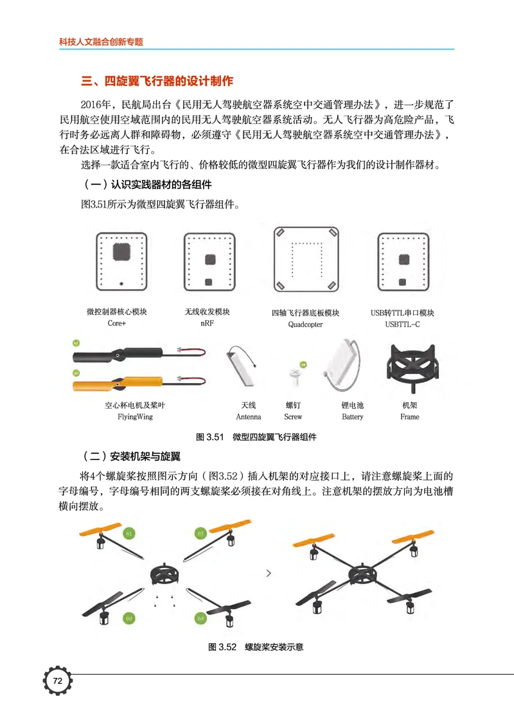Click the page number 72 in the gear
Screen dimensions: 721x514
click(57, 681)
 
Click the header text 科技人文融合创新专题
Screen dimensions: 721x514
click(101, 42)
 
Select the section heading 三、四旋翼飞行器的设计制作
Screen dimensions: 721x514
click(157, 82)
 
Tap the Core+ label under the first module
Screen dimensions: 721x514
click(117, 325)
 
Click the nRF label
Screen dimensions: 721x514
click(207, 325)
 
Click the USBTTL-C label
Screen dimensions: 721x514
click(402, 325)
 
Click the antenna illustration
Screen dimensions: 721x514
click(244, 373)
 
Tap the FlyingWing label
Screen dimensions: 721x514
click(135, 417)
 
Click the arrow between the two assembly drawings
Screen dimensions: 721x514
click(269, 572)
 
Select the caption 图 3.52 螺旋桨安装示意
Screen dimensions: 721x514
click(255, 647)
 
